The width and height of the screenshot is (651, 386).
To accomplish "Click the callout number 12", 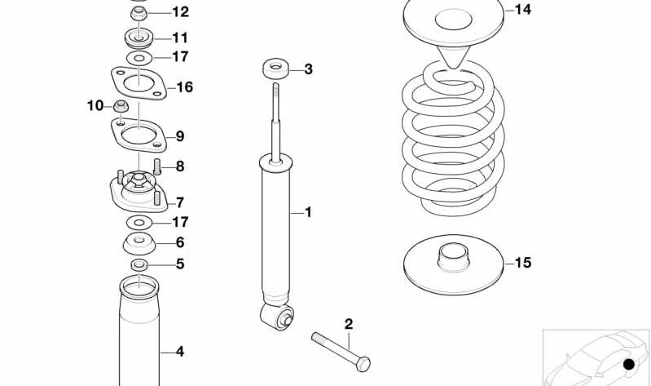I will coord(180,11).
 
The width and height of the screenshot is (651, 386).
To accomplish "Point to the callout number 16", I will coord(184,87).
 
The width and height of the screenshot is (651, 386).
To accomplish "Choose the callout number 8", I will coord(180,166).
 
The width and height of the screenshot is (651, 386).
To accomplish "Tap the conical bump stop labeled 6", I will coord(139,242).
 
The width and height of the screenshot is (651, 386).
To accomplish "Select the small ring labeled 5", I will coord(139,264).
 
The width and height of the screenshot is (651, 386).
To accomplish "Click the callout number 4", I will coord(180,352).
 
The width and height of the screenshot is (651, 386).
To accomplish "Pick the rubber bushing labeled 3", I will coord(275,69).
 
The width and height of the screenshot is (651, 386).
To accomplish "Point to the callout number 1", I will coord(308,212).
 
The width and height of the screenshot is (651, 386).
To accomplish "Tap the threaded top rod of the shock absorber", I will coord(277,106).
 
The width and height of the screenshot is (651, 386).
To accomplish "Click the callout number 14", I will coord(522,10).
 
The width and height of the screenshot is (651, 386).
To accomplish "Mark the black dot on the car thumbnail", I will coord(627,364).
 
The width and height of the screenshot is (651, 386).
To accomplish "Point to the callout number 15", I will coord(522,263).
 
